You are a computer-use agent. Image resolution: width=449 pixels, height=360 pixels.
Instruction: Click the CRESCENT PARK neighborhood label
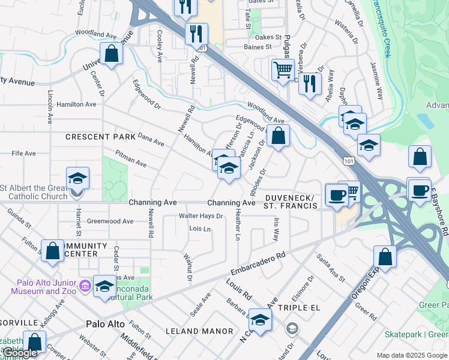[101, 137]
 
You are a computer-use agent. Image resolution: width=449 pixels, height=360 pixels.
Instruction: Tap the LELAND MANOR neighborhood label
[203, 331]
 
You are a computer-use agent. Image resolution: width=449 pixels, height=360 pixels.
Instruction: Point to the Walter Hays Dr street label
[201, 216]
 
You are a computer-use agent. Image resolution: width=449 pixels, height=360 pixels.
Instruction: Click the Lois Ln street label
[200, 229]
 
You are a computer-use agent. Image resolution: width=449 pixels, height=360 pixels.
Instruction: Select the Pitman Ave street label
[131, 159]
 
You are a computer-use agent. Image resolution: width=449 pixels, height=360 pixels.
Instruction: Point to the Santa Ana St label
[331, 268]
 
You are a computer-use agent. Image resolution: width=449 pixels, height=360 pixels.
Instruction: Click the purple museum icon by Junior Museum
[85, 286]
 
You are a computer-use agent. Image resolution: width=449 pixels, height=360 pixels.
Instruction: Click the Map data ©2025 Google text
[412, 355]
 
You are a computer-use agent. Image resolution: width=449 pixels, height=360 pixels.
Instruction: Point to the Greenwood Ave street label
[110, 221]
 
